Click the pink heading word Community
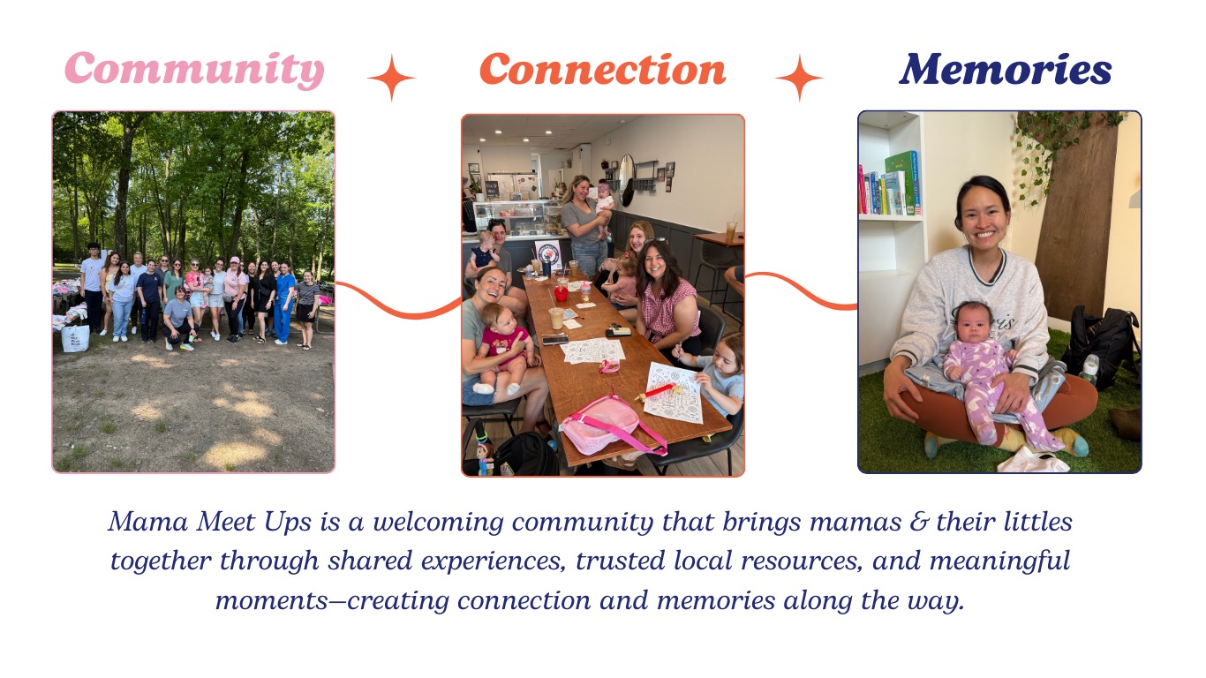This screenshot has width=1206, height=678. pos(194,70)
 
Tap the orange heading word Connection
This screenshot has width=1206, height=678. pos(602,70)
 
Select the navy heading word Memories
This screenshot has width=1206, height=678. pos(1005,70)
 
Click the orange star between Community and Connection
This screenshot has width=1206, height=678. pos(391,78)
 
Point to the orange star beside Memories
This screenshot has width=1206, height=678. pos(799,78)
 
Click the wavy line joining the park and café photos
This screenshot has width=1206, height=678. pos(397,305)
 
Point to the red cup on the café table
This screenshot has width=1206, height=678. pos(561,293)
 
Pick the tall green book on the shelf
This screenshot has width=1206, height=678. pos(902,181)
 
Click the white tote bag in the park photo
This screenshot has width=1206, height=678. pos(76,336)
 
